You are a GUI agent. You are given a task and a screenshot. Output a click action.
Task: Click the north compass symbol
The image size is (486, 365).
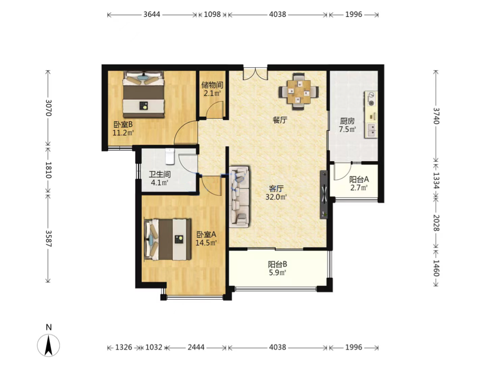48,345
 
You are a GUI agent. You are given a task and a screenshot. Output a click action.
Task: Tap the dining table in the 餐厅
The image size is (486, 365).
298,92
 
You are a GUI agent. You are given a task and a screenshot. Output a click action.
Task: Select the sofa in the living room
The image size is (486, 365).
239,197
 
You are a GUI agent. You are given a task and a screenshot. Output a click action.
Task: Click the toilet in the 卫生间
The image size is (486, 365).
170,156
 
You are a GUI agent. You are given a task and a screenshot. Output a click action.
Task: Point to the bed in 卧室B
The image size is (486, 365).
143,94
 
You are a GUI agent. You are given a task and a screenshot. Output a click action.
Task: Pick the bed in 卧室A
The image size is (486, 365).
168,239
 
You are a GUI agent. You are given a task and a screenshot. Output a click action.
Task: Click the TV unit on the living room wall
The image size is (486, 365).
324,195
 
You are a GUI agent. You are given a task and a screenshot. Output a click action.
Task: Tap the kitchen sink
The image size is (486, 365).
371,130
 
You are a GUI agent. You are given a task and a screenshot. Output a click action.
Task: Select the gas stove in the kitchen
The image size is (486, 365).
371,99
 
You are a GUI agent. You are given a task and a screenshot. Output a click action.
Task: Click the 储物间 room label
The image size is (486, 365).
212,85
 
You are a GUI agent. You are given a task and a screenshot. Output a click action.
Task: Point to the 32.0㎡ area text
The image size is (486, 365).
276,197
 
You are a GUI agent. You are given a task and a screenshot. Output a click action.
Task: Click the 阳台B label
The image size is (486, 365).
277,264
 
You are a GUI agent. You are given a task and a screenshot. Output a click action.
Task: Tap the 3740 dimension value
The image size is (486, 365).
436,116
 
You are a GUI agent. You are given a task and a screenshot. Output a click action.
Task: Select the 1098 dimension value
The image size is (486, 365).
212,14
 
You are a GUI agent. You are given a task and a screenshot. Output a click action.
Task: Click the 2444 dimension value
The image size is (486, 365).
196,348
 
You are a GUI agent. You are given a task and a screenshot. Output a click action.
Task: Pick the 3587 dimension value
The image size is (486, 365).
48,238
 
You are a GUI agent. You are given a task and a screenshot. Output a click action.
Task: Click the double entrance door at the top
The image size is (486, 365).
255,73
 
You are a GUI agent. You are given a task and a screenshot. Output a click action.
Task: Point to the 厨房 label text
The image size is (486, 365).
347,121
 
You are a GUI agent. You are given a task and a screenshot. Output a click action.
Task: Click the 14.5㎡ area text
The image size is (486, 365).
206,242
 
